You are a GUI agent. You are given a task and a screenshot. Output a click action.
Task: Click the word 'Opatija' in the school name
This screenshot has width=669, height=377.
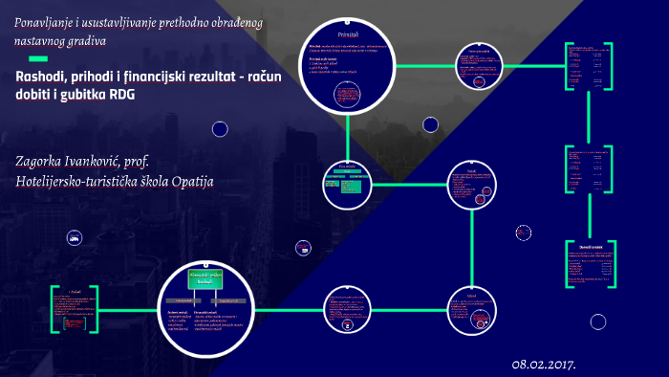[x=190, y=180]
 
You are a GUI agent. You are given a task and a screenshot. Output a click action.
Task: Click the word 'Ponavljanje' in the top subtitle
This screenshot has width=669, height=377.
[x=45, y=21]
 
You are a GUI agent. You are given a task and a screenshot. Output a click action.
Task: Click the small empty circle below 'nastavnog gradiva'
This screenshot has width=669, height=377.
[x=220, y=128]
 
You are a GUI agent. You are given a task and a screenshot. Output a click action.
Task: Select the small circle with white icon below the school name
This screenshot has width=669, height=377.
[x=73, y=237]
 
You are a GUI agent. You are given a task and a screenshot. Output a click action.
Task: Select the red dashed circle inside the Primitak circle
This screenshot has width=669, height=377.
[x=346, y=94]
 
